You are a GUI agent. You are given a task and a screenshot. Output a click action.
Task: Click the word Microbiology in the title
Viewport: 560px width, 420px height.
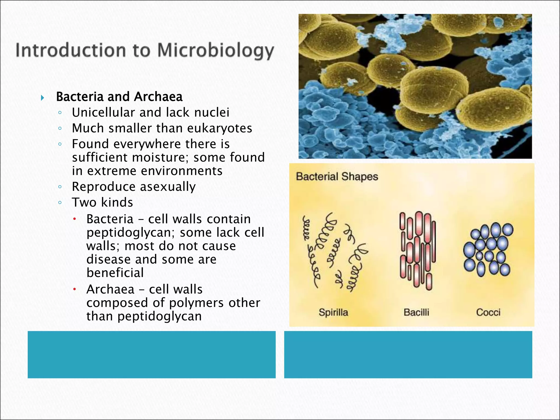(215, 51)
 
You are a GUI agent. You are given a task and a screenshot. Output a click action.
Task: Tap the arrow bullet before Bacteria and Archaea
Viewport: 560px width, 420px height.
(42, 98)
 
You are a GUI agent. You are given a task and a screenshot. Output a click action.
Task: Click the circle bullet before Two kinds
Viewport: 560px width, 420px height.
(60, 203)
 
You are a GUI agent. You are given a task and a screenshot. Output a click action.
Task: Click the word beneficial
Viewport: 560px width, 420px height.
(115, 273)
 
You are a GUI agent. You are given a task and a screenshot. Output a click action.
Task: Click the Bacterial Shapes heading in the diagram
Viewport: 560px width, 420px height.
(337, 177)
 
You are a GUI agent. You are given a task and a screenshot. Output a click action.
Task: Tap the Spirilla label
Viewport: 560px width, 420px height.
(333, 312)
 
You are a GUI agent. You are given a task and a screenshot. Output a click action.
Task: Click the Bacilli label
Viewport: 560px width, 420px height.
(416, 312)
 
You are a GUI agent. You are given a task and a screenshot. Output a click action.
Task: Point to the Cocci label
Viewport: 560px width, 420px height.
(488, 312)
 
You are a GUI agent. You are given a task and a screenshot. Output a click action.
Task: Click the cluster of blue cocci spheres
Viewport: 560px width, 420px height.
(488, 249)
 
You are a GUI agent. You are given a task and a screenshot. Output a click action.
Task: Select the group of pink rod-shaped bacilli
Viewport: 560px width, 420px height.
(417, 250)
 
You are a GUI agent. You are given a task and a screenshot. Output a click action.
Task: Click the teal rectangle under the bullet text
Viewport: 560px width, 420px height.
(151, 355)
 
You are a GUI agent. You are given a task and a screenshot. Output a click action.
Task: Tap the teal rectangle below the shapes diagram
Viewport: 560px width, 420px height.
(408, 355)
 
